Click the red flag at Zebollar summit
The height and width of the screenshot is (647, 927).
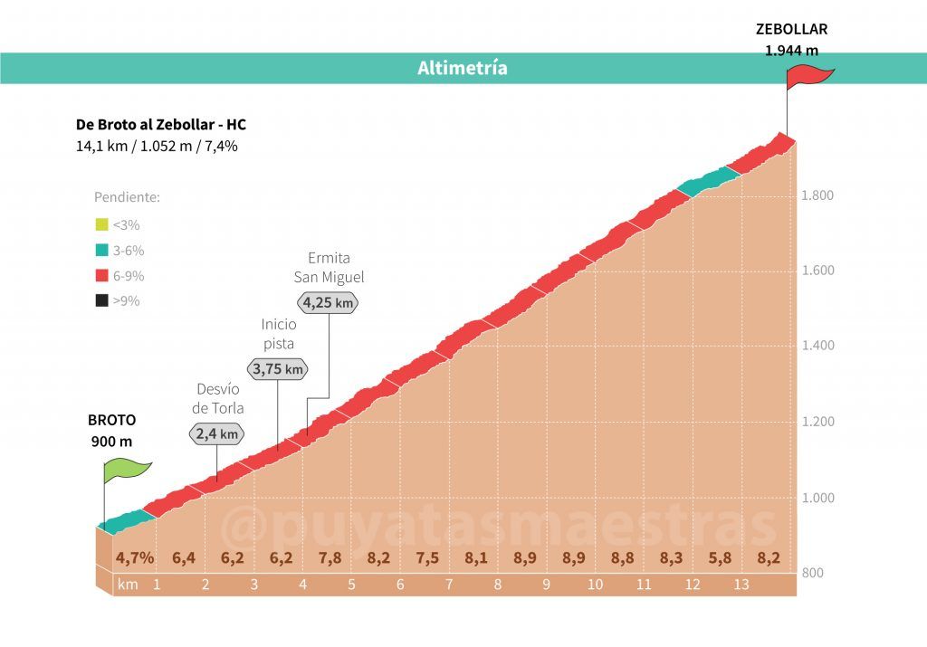point(808,78)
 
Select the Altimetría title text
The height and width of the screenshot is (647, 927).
point(463,68)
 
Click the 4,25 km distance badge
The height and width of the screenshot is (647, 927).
point(328,303)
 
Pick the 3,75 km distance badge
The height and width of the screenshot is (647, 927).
point(277,368)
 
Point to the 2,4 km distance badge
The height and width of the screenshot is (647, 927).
point(217,434)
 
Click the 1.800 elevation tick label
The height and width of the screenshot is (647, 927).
point(817,195)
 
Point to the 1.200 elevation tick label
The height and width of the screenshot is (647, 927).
point(817,422)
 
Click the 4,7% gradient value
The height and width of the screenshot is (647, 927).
point(135,557)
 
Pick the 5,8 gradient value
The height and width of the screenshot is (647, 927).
point(719,557)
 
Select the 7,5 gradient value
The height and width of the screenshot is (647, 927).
point(427,557)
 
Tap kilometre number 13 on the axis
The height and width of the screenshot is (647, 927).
point(741,585)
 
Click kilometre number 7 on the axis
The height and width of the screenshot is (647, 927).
point(448,585)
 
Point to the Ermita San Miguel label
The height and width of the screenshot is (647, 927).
point(329,268)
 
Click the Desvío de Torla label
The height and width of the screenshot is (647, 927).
point(218,398)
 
